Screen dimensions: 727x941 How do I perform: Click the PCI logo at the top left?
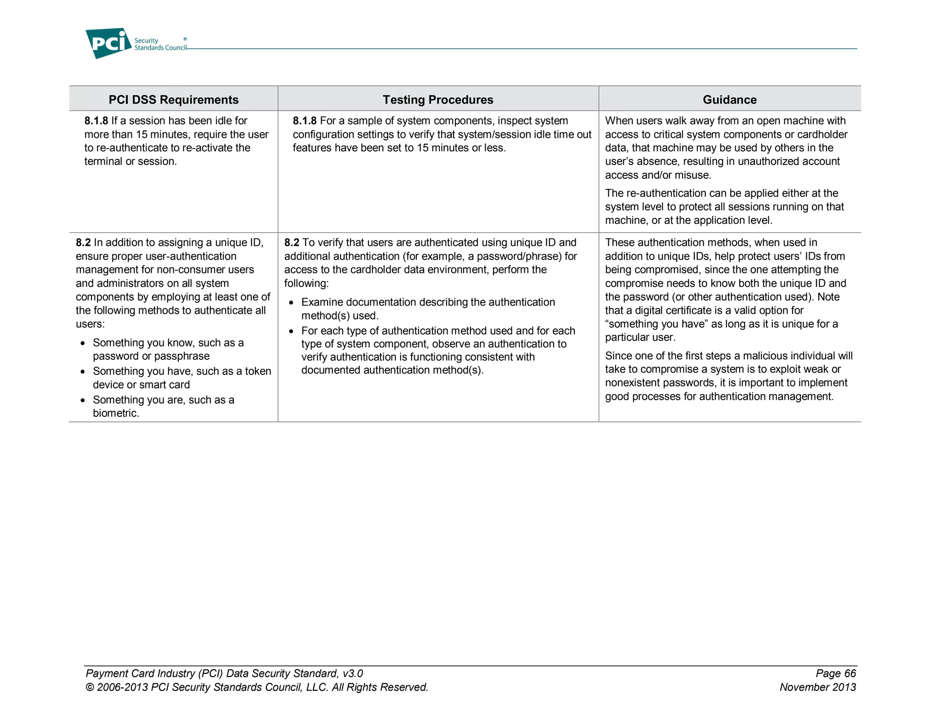coord(108,43)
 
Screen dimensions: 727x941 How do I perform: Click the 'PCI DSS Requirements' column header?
coord(173,100)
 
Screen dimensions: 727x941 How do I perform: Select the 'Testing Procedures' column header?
coord(438,100)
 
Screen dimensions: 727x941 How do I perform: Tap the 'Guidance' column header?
coord(729,100)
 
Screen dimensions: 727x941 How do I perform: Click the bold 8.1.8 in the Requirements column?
coord(96,121)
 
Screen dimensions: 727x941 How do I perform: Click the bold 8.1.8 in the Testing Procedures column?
coord(305,121)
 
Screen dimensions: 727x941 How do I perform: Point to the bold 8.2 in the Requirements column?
coord(83,243)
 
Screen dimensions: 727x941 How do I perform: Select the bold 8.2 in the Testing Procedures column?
coord(292,243)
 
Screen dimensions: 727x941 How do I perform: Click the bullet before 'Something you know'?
coord(83,344)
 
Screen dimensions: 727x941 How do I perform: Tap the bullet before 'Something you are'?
coord(83,401)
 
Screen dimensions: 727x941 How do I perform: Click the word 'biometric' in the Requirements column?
coord(115,413)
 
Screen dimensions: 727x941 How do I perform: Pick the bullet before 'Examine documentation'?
coord(291,303)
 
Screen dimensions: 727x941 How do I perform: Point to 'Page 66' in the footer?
coord(836,674)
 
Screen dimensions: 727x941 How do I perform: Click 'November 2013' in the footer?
coord(817,687)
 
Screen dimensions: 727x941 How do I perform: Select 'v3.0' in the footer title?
coord(352,674)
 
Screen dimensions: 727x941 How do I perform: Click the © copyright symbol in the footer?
coord(90,687)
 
